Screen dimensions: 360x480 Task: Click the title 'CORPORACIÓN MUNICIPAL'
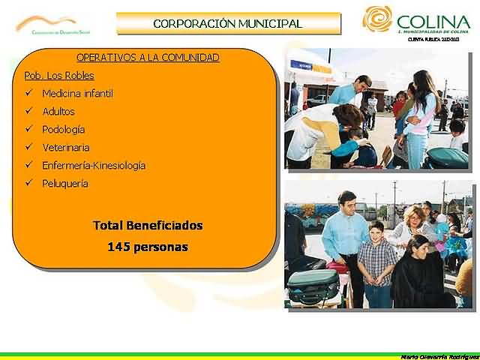tap(227, 23)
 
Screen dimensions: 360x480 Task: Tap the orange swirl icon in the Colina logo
tap(377, 19)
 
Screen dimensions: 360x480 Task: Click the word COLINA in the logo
tap(433, 21)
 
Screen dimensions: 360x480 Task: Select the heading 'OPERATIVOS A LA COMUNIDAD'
tap(148, 58)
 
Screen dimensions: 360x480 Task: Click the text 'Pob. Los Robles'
tap(49, 76)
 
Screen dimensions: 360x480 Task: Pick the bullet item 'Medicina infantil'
tap(77, 94)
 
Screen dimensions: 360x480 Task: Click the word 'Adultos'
tap(58, 112)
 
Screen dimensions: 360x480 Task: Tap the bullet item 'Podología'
tap(64, 130)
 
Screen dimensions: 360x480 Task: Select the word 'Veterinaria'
tap(66, 148)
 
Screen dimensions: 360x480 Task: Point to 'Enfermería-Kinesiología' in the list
tap(94, 166)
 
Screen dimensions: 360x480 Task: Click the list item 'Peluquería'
tap(65, 184)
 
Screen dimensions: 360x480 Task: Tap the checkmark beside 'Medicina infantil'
tap(28, 94)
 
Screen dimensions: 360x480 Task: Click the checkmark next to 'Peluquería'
tap(28, 184)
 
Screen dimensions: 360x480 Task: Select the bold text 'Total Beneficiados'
tap(148, 225)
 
